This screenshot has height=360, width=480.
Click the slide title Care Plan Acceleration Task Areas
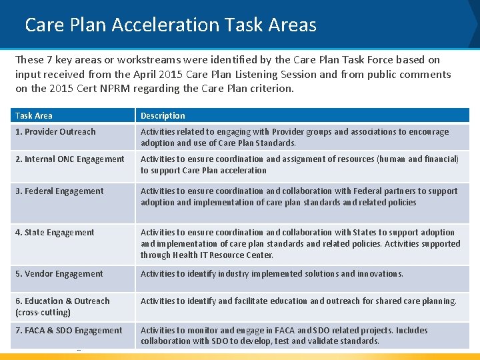(171, 25)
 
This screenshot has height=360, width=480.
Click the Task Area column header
(34, 115)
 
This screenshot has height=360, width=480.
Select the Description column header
(163, 115)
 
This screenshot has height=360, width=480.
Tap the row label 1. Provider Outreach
(55, 132)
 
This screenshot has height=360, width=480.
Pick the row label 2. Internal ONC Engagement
(70, 159)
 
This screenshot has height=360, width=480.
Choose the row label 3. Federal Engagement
(59, 191)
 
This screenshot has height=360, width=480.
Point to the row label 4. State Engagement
(55, 233)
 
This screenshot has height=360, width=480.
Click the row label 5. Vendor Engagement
(59, 274)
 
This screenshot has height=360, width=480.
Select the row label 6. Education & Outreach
(63, 301)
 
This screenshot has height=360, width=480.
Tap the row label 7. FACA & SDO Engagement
(69, 331)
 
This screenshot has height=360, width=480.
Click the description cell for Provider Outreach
(294, 137)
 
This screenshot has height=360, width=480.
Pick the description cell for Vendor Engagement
(271, 274)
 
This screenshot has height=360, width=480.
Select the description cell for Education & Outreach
(298, 301)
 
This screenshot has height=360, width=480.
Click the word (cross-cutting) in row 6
(43, 312)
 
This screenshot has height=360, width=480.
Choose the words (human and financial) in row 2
(418, 159)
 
